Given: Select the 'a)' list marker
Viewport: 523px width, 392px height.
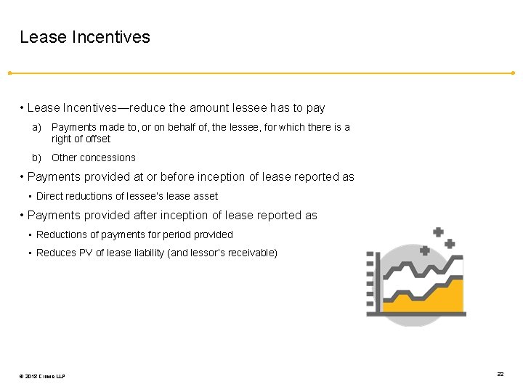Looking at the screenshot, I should click(36, 127).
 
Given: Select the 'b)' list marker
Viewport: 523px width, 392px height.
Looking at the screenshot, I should click(36, 158).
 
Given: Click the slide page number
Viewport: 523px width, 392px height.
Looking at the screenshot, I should click(500, 374).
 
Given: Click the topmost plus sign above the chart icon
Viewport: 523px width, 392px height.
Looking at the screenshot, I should click(438, 232).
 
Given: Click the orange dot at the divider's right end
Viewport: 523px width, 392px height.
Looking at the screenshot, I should click(513, 73).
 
